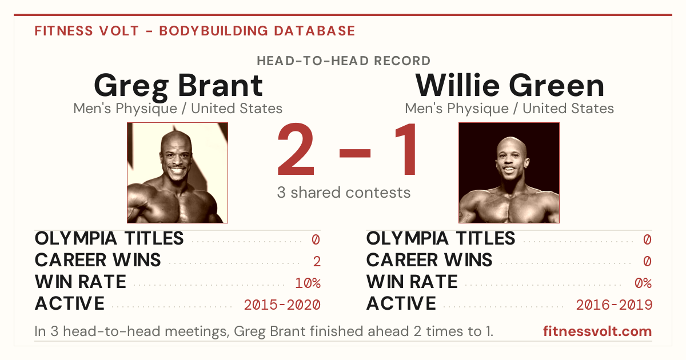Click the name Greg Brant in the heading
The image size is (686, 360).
(x=178, y=87)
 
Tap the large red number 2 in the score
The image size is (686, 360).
(x=296, y=149)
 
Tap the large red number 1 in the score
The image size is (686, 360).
(x=406, y=149)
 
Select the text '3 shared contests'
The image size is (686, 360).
(x=344, y=193)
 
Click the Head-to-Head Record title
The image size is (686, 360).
(x=344, y=61)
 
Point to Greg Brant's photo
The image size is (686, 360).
(x=178, y=173)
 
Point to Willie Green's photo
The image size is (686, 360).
(x=509, y=173)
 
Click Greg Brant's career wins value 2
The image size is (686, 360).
(x=317, y=262)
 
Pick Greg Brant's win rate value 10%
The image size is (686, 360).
(x=308, y=283)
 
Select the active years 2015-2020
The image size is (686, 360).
(x=282, y=305)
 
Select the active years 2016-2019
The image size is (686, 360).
(x=614, y=305)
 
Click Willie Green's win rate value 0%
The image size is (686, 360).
(x=643, y=283)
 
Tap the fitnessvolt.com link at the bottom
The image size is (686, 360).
(x=597, y=331)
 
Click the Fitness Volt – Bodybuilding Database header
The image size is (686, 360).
(x=195, y=31)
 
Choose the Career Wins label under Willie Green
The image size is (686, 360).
(x=429, y=260)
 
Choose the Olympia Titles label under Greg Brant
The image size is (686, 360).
(x=109, y=238)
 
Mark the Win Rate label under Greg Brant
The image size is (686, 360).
(x=81, y=282)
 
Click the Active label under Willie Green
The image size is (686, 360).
(x=401, y=303)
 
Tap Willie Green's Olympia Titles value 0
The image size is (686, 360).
(x=647, y=239)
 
